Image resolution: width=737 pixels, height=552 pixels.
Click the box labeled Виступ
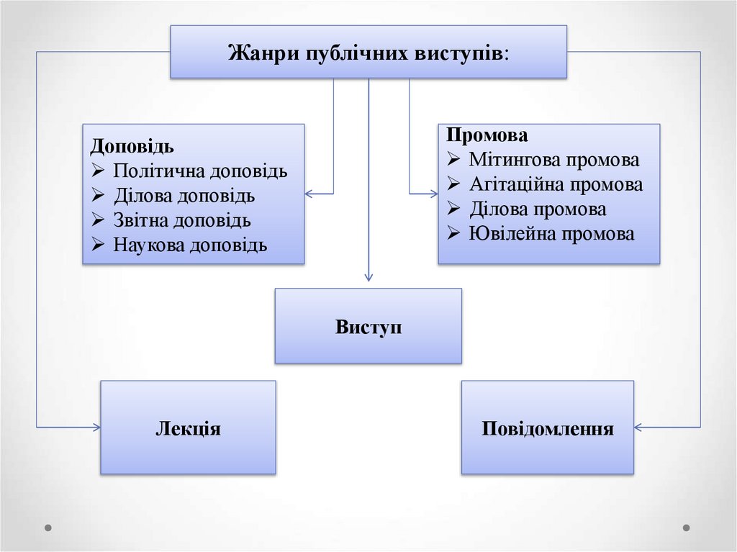pyautogui.click(x=368, y=326)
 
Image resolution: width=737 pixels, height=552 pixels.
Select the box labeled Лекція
pyautogui.click(x=188, y=428)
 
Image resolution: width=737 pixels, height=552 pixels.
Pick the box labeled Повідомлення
pyautogui.click(x=548, y=428)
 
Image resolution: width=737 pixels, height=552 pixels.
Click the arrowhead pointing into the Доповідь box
pyautogui.click(x=309, y=194)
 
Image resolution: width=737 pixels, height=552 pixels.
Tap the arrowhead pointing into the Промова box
pyautogui.click(x=434, y=194)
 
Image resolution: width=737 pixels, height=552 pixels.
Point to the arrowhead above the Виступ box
pyautogui.click(x=368, y=277)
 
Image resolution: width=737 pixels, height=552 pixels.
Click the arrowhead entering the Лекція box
pyautogui.click(x=96, y=427)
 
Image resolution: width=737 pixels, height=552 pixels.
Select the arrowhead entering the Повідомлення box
pyautogui.click(x=638, y=427)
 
